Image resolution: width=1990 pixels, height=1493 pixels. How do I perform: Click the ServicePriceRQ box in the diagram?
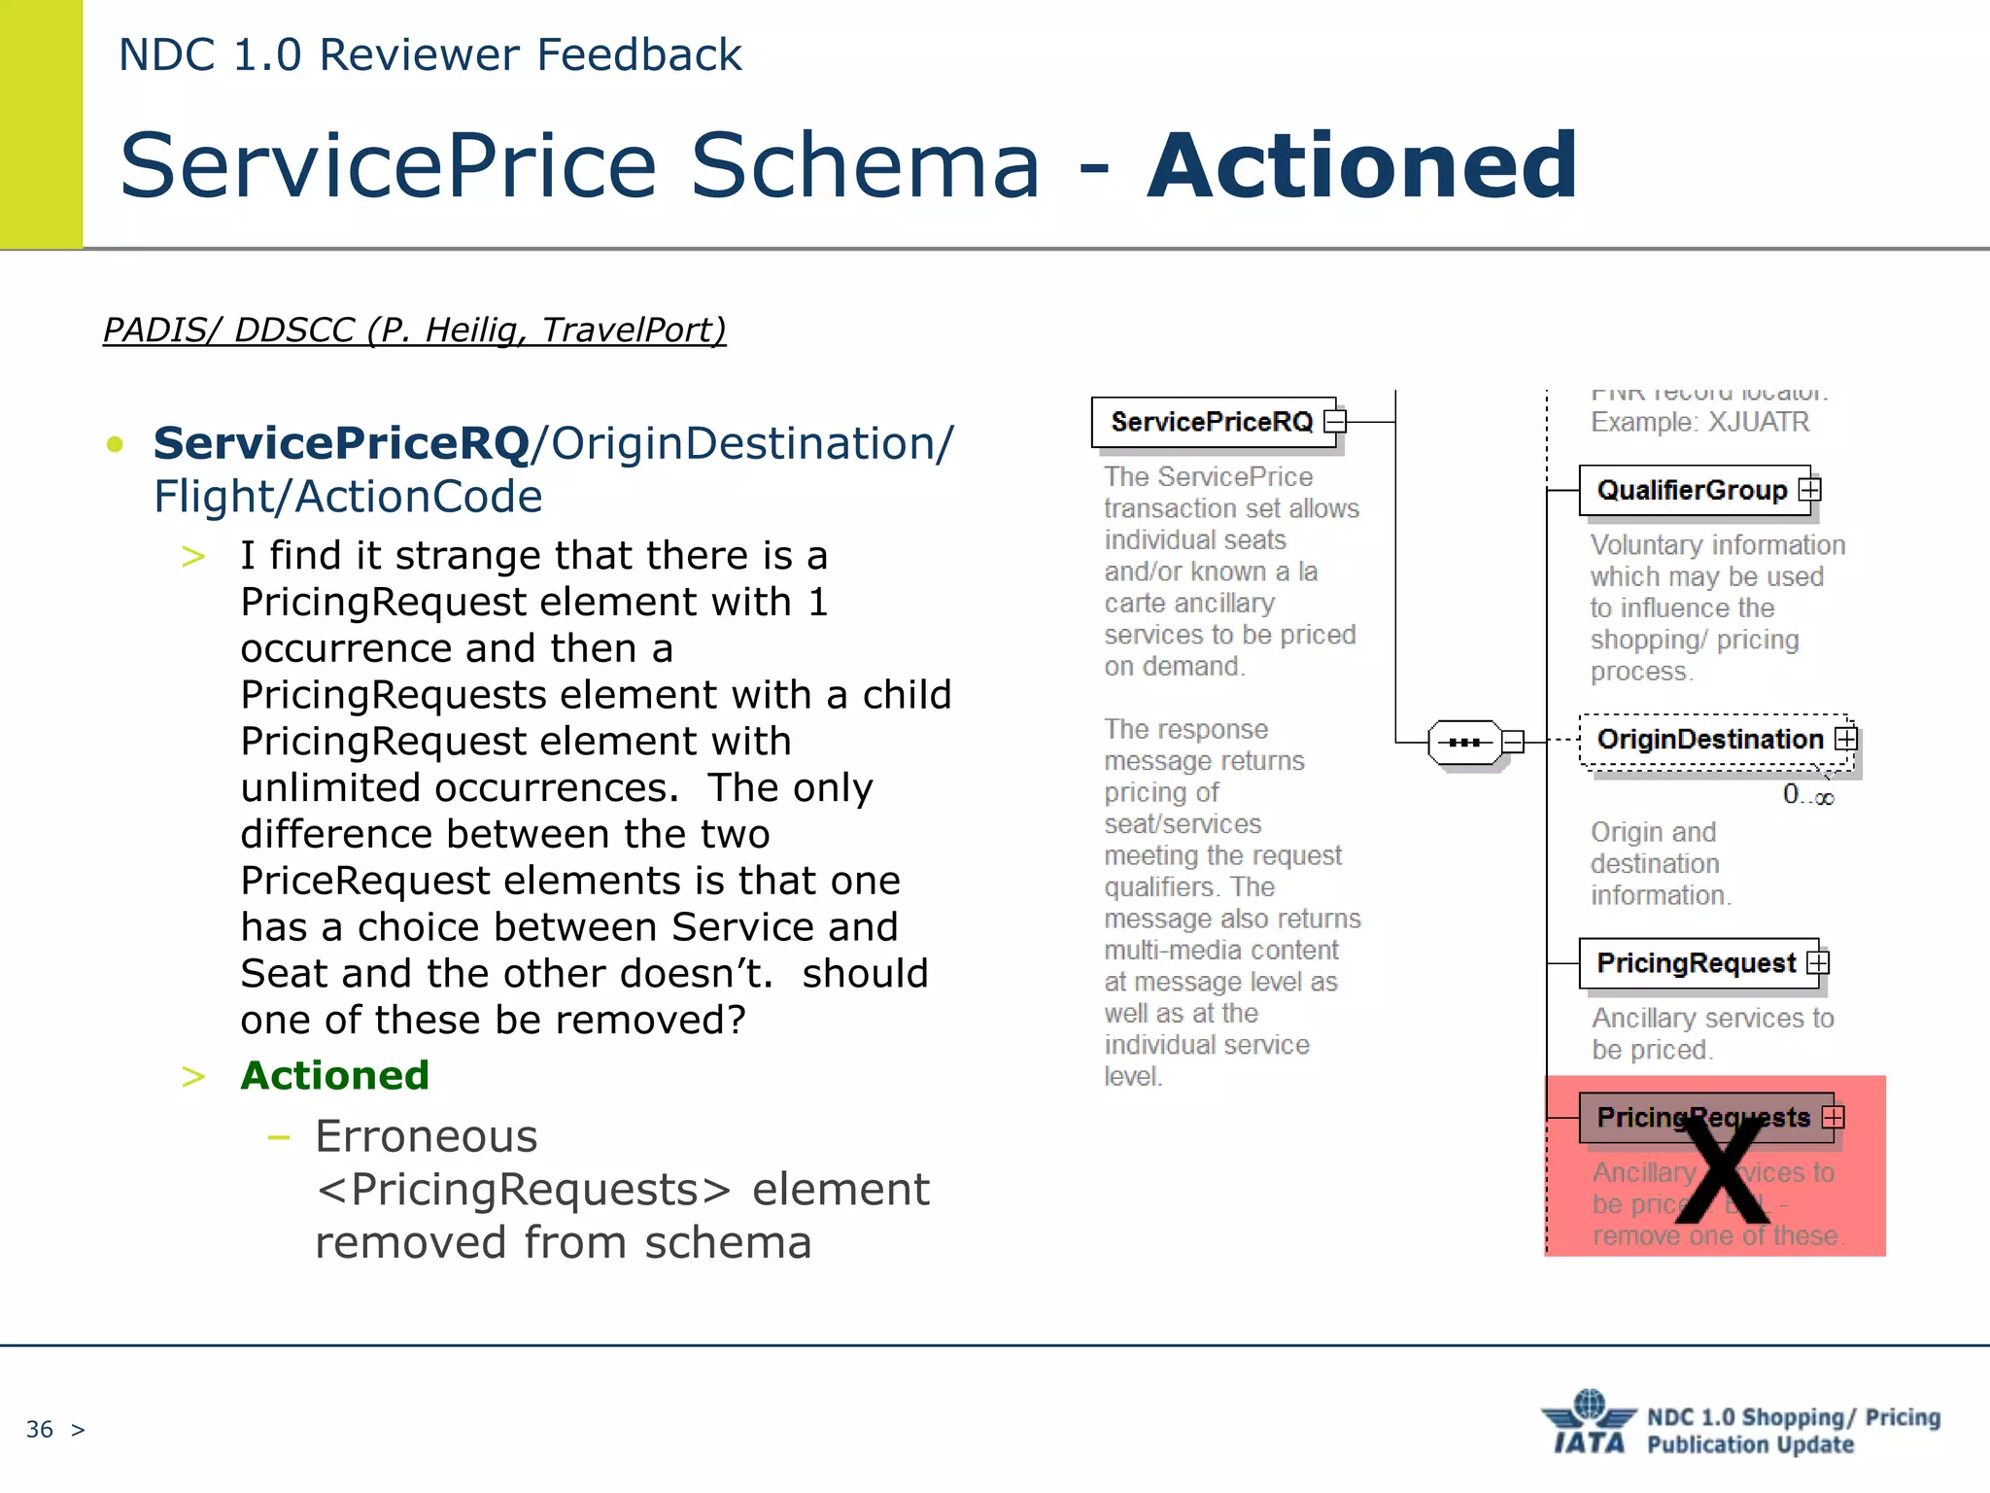pyautogui.click(x=1212, y=422)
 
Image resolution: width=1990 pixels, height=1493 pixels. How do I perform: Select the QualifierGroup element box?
pyautogui.click(x=1692, y=490)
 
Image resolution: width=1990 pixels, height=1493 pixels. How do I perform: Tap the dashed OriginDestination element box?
pyautogui.click(x=1709, y=740)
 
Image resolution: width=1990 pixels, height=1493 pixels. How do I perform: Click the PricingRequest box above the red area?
pyautogui.click(x=1696, y=963)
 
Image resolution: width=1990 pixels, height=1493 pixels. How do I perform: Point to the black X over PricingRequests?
pyautogui.click(x=1723, y=1170)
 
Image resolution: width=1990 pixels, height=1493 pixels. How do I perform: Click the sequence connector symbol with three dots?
pyautogui.click(x=1464, y=743)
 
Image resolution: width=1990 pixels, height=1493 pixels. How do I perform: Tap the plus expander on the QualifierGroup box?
pyautogui.click(x=1809, y=489)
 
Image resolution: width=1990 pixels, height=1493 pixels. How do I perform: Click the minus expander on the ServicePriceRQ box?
pyautogui.click(x=1336, y=421)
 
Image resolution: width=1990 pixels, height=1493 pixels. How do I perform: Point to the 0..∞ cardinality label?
pyautogui.click(x=1807, y=796)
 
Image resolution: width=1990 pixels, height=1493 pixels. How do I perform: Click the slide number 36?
pyautogui.click(x=40, y=1429)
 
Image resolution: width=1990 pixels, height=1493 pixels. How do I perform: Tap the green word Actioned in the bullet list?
pyautogui.click(x=334, y=1075)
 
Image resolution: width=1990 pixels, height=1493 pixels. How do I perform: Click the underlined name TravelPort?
pyautogui.click(x=633, y=330)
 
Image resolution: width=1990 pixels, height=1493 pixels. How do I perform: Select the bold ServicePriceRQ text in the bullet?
pyautogui.click(x=342, y=443)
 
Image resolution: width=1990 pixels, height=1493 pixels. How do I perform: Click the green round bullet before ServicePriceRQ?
pyautogui.click(x=116, y=445)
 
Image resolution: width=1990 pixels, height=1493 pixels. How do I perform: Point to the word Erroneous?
pyautogui.click(x=427, y=1135)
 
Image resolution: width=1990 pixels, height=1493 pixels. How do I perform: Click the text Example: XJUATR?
pyautogui.click(x=1699, y=422)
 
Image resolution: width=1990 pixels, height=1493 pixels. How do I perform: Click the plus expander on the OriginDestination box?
pyautogui.click(x=1845, y=739)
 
